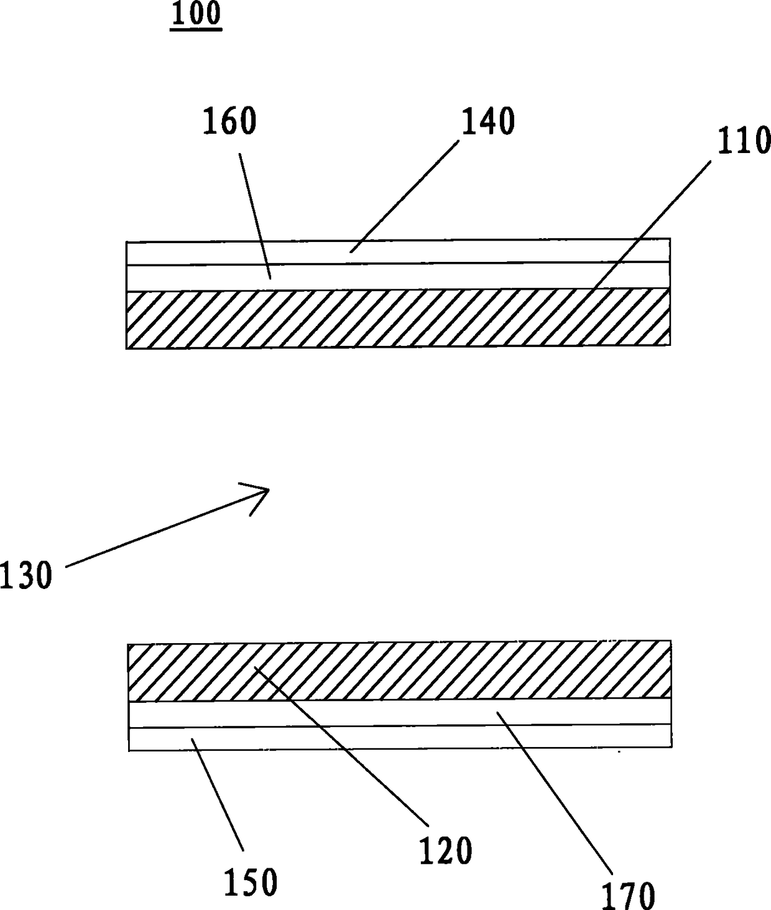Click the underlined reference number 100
(196, 14)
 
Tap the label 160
(229, 121)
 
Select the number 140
(487, 121)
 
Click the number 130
(26, 575)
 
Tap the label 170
(628, 894)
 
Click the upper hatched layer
(398, 318)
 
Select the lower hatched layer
(398, 670)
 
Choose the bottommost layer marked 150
(398, 738)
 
